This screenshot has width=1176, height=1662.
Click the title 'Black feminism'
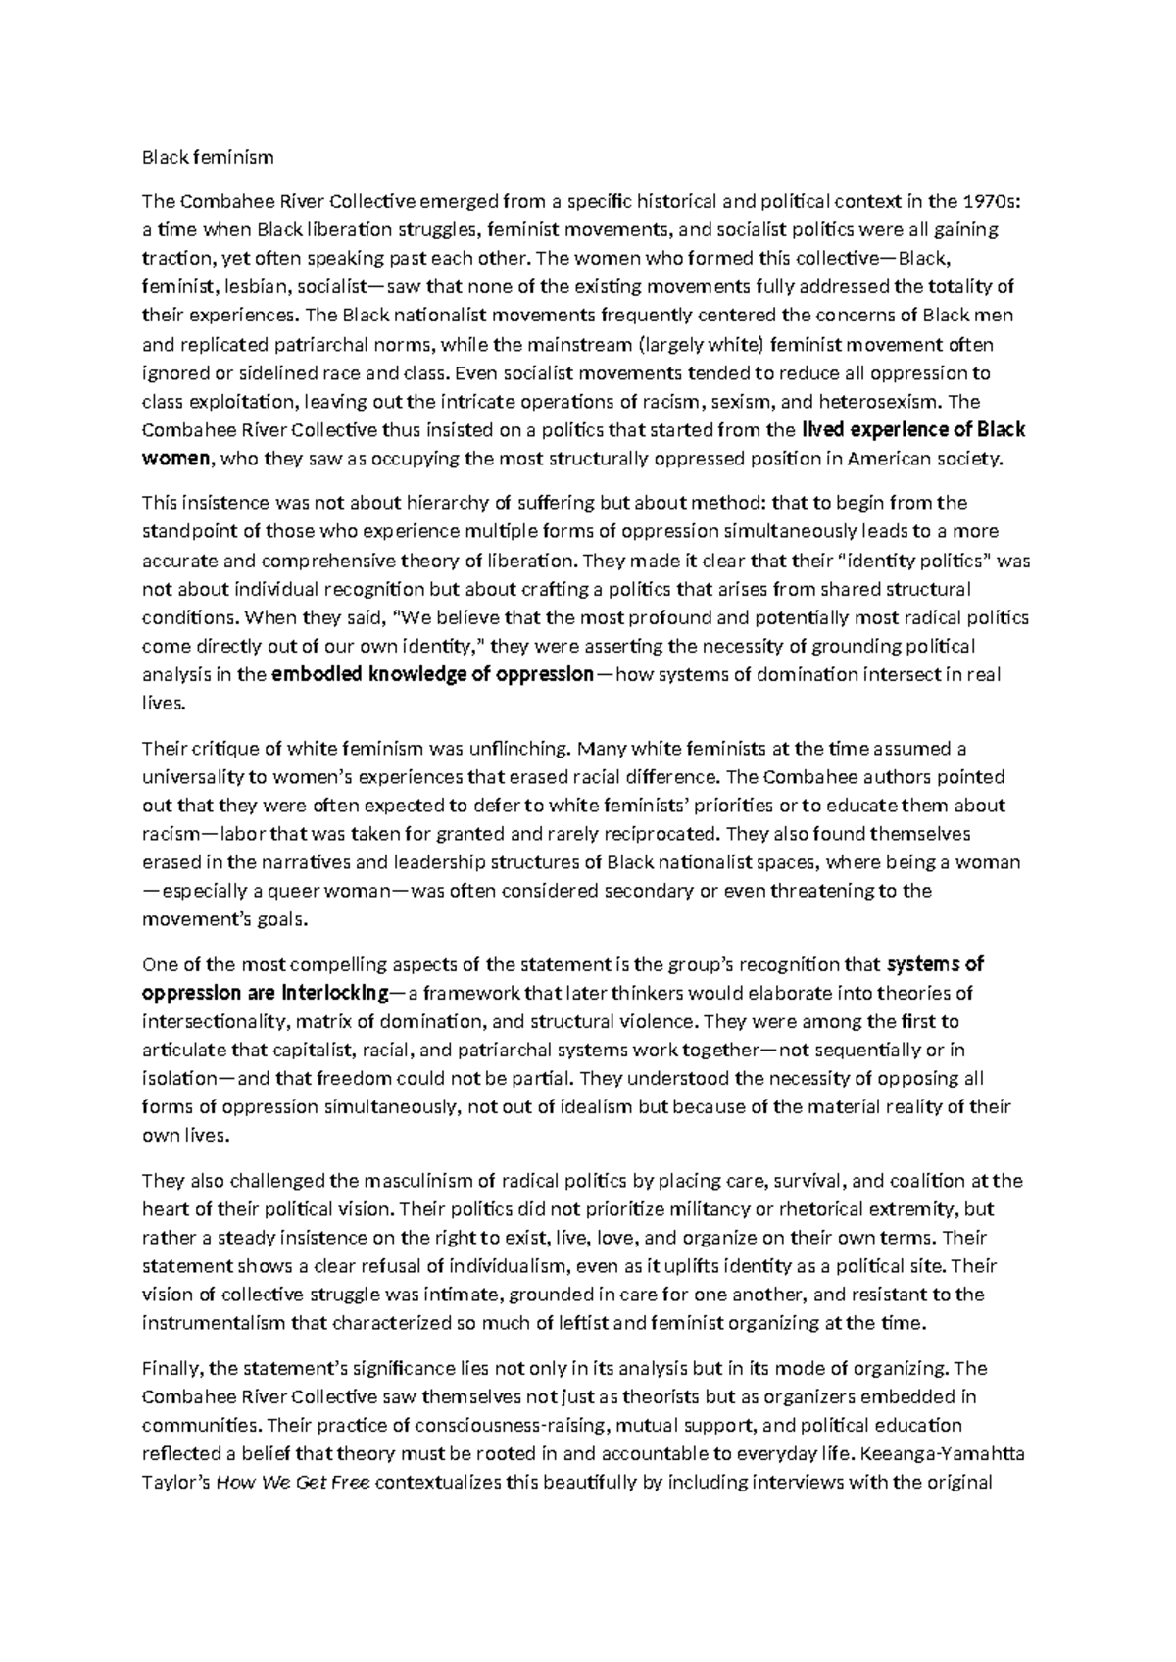tap(208, 157)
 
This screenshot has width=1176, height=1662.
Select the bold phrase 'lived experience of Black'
tap(913, 429)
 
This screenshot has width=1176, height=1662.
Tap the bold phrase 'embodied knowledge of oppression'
tap(432, 674)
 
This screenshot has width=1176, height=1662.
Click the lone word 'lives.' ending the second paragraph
tap(163, 703)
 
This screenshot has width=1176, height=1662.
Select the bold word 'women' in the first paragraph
tap(176, 458)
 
